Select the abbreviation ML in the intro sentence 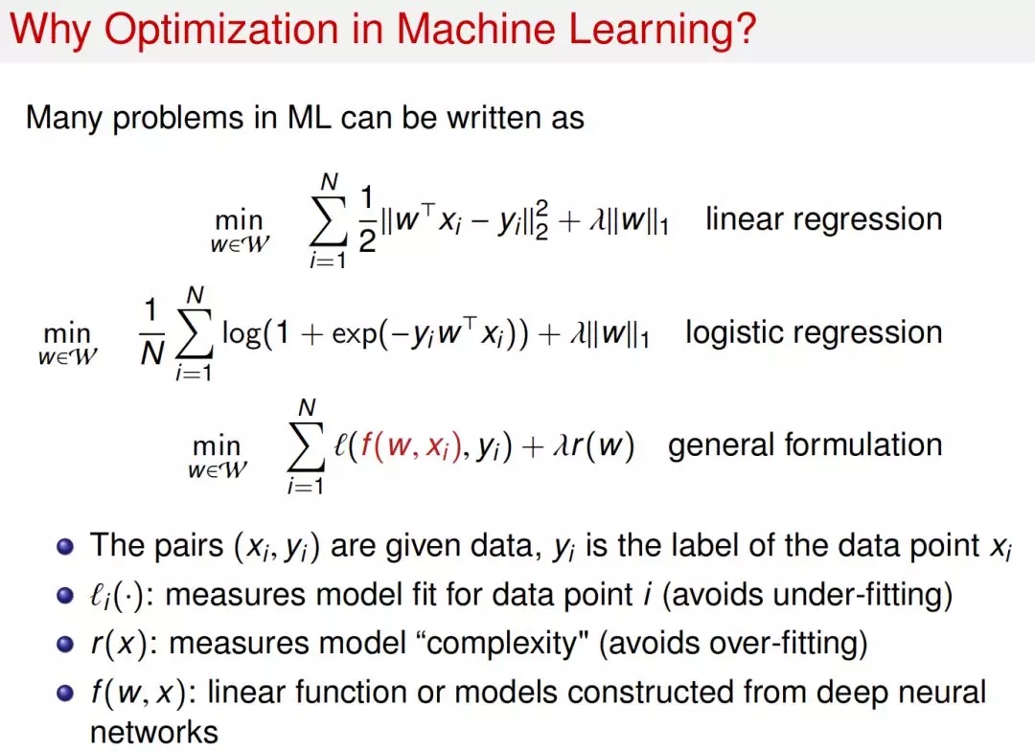(309, 118)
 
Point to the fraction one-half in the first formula (367, 219)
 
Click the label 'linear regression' (824, 219)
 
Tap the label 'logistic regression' (814, 333)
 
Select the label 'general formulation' (805, 445)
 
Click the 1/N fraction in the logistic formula (151, 332)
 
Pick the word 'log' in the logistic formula (241, 333)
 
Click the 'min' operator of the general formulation (217, 446)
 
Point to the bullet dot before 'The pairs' (65, 547)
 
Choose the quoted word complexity (503, 644)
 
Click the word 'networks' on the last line (153, 733)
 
